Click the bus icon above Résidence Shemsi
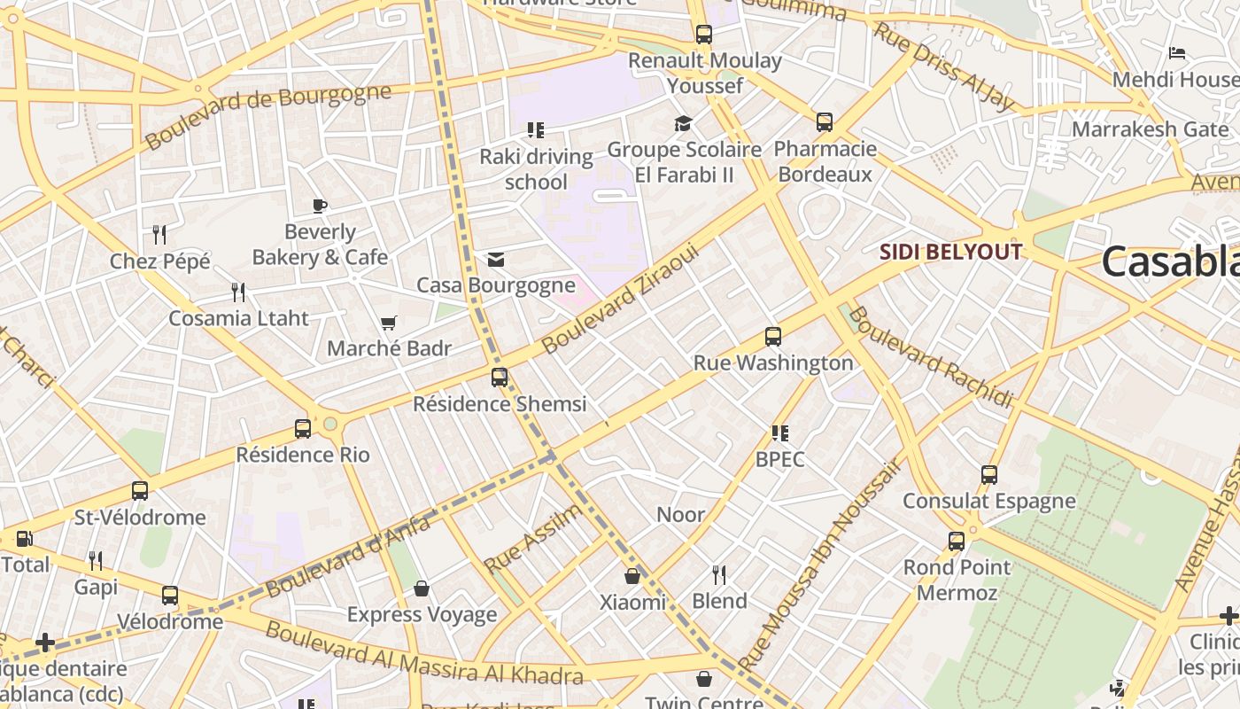500,378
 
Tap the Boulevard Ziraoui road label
620,300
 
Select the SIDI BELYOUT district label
950,252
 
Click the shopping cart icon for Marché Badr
388,323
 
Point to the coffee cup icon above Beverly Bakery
320,206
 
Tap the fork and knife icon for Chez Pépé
159,235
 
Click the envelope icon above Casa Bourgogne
496,260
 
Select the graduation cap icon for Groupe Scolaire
683,123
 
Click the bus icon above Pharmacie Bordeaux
825,122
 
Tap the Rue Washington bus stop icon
773,337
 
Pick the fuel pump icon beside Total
25,539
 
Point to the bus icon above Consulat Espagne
989,475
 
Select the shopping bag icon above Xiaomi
632,577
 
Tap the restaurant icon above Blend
719,575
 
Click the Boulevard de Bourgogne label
267,116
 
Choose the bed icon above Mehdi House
1177,53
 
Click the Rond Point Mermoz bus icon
957,541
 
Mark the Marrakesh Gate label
1150,129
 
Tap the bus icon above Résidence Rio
303,429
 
